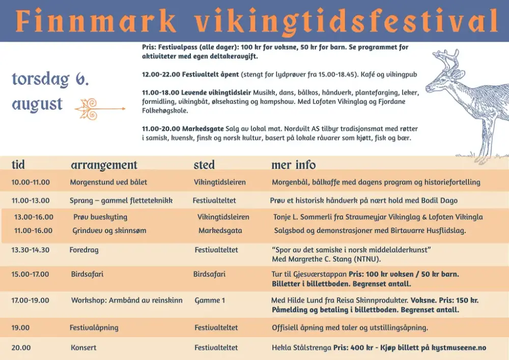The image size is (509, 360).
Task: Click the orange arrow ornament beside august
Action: [x=100, y=109]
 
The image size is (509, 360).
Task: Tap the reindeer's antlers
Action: [x=447, y=62]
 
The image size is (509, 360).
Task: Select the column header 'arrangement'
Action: [x=104, y=165]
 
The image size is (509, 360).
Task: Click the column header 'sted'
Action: [x=204, y=164]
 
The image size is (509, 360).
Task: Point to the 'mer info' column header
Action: [x=294, y=164]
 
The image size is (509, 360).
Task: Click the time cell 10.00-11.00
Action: [x=31, y=182]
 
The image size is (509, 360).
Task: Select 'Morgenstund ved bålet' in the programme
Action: [x=108, y=182]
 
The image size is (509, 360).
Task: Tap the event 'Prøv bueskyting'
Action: [x=100, y=217]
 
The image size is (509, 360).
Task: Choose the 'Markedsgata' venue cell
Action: [x=220, y=231]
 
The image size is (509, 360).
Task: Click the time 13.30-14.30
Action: [x=31, y=250]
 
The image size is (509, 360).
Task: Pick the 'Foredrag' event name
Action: [x=84, y=250]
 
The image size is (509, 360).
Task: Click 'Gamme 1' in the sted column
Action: [x=210, y=300]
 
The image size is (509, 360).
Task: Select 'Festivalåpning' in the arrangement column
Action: [x=94, y=327]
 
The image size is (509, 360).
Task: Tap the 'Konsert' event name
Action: [x=83, y=348]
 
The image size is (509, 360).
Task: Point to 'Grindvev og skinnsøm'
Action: [x=109, y=231]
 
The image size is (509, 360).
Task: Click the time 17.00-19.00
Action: [x=30, y=300]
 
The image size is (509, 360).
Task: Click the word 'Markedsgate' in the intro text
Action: [x=203, y=129]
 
